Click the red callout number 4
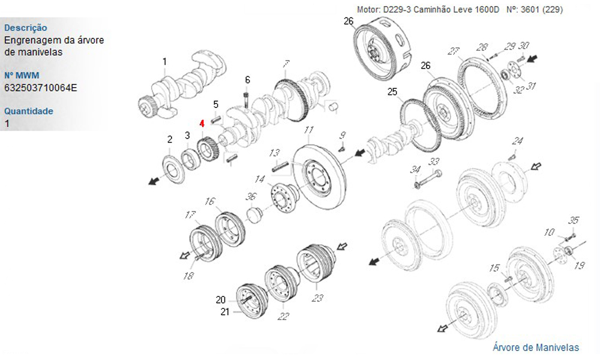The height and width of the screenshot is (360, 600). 202,123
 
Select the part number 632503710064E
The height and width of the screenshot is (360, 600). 41,88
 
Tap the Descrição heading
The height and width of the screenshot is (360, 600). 26,28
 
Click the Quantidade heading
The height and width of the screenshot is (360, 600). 29,112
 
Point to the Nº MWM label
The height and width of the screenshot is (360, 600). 22,76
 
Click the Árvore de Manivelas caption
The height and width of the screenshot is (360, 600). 536,347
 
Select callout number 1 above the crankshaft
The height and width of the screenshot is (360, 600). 164,62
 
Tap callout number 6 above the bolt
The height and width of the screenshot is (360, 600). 248,80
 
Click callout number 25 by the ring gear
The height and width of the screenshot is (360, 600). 392,92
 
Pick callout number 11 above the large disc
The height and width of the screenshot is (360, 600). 309,130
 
